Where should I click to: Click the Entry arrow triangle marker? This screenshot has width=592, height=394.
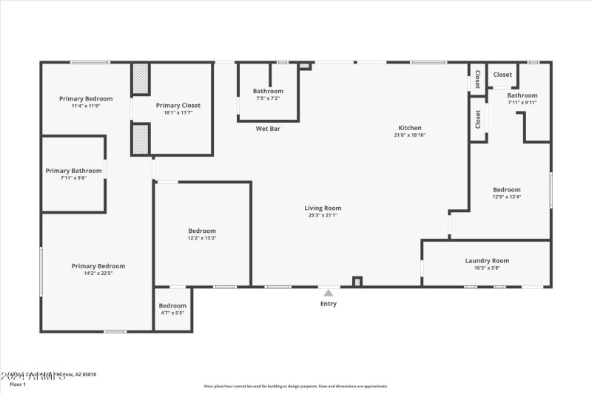(328, 293)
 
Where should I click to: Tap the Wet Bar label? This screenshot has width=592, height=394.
(268, 129)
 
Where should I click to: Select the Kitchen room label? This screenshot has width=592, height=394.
(409, 128)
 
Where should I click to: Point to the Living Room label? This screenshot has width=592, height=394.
(325, 208)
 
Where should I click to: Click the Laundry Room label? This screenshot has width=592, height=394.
(487, 260)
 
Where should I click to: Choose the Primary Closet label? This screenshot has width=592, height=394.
(178, 106)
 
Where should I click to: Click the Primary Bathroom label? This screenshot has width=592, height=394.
(73, 171)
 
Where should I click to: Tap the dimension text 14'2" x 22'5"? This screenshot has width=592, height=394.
(98, 273)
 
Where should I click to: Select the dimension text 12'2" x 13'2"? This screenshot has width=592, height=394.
(202, 238)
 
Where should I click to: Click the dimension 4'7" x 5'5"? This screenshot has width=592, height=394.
(172, 313)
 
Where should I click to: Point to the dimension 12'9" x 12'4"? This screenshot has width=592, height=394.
(507, 197)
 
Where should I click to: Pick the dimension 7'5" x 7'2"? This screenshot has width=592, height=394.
(268, 98)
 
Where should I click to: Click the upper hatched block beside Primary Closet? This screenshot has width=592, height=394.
(141, 78)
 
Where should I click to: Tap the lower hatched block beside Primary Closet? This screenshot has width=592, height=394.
(141, 138)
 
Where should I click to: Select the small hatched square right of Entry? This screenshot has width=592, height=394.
(357, 281)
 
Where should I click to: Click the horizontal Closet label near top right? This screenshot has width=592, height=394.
(502, 75)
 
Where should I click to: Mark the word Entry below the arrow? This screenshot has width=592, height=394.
(328, 304)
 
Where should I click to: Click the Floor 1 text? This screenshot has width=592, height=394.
(17, 384)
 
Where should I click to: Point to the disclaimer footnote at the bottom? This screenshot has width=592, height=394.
(295, 386)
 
